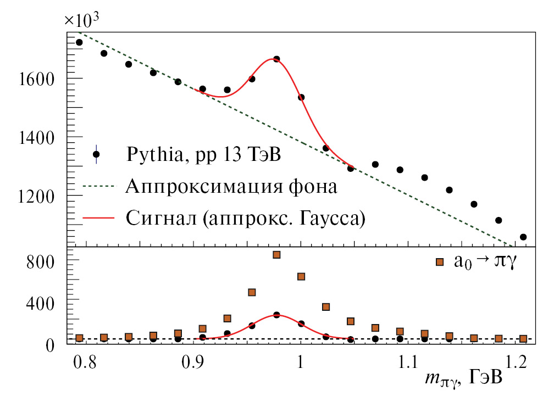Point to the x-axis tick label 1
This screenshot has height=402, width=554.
pos(300,363)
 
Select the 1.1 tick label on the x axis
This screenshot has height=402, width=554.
pos(407,363)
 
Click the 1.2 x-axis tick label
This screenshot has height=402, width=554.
pos(516,363)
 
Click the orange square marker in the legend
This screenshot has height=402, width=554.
pos(439,262)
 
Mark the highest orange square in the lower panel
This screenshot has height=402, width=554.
pos(276,255)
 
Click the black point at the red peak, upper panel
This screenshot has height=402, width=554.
pos(276,59)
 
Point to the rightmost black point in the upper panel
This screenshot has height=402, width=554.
pos(523,237)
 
